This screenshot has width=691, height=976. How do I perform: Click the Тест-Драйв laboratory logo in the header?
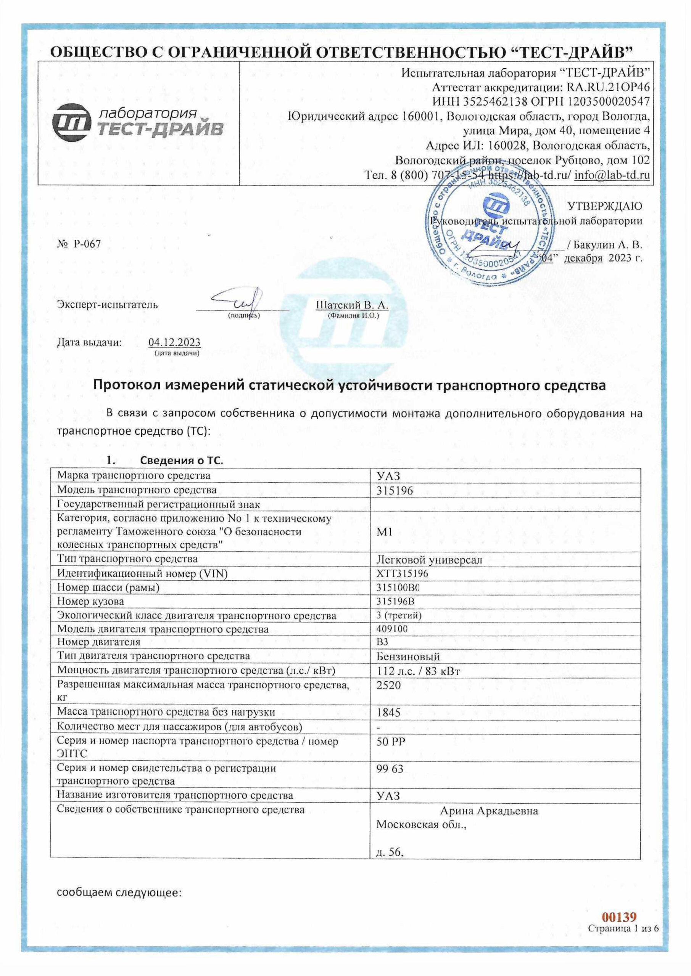click(x=137, y=123)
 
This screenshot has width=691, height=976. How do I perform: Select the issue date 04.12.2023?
click(x=174, y=343)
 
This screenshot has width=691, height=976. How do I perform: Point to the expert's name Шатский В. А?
click(x=352, y=305)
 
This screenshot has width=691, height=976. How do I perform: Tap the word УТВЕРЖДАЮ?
click(x=605, y=206)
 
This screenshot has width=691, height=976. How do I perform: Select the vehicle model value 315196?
click(x=395, y=491)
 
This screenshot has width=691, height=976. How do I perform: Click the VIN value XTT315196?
click(x=402, y=574)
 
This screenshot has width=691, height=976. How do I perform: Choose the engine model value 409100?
click(x=392, y=629)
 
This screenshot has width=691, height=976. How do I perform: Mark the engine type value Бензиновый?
click(x=408, y=657)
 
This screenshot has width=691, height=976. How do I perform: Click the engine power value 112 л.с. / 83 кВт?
click(x=418, y=671)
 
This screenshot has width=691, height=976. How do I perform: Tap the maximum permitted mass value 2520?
click(x=388, y=685)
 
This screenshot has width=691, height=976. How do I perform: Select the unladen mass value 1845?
click(x=388, y=713)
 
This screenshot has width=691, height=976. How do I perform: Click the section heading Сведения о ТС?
click(x=182, y=461)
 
